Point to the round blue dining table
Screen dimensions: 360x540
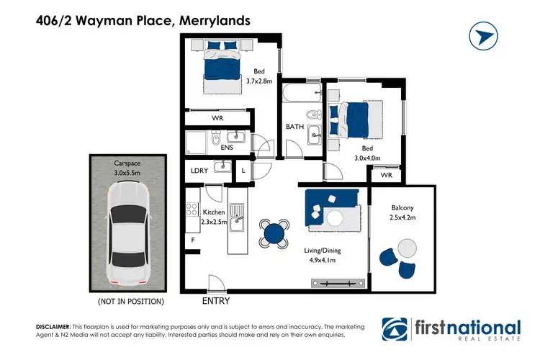pyautogui.click(x=274, y=233)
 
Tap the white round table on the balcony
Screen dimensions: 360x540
pyautogui.click(x=408, y=248)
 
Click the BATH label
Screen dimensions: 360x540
pyautogui.click(x=295, y=127)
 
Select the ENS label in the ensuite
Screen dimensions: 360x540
pyautogui.click(x=227, y=147)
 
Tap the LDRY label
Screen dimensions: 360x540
pyautogui.click(x=199, y=171)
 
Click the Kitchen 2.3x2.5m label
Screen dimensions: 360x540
pyautogui.click(x=214, y=217)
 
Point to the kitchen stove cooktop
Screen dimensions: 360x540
pyautogui.click(x=192, y=210)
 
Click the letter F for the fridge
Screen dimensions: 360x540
pyautogui.click(x=192, y=239)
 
